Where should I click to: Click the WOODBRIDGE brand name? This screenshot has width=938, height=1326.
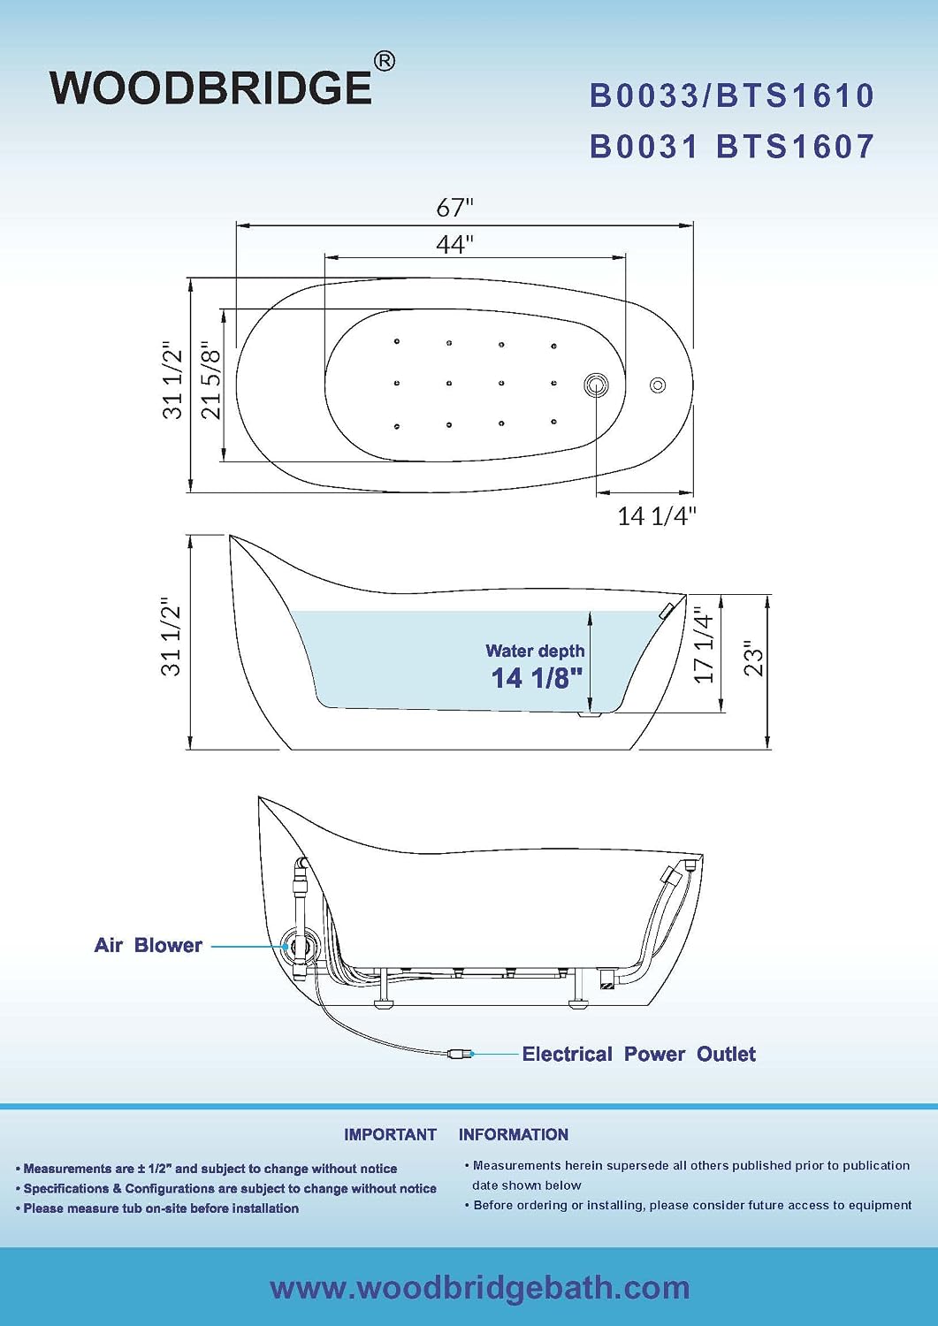tap(211, 88)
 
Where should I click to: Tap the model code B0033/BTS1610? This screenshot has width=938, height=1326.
tap(732, 95)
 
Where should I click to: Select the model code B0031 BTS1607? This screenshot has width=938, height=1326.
tap(732, 146)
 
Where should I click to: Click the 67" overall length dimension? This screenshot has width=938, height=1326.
tap(455, 207)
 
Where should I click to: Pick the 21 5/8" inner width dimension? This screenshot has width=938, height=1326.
tap(210, 380)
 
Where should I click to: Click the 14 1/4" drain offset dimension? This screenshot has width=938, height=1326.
tap(657, 516)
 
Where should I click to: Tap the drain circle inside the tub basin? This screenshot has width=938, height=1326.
tap(596, 385)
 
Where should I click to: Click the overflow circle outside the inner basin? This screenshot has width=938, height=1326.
tap(658, 385)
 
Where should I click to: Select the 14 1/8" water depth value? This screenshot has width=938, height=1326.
tap(538, 678)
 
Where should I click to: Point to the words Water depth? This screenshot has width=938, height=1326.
tap(535, 651)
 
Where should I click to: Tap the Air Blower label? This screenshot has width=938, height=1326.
tap(148, 945)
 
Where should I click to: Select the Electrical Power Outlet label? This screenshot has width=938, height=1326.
tap(638, 1054)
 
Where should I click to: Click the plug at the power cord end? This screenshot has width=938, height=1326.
tap(460, 1054)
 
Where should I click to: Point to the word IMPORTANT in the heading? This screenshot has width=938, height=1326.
tap(390, 1134)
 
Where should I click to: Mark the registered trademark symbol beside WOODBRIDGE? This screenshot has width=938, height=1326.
tap(385, 61)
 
